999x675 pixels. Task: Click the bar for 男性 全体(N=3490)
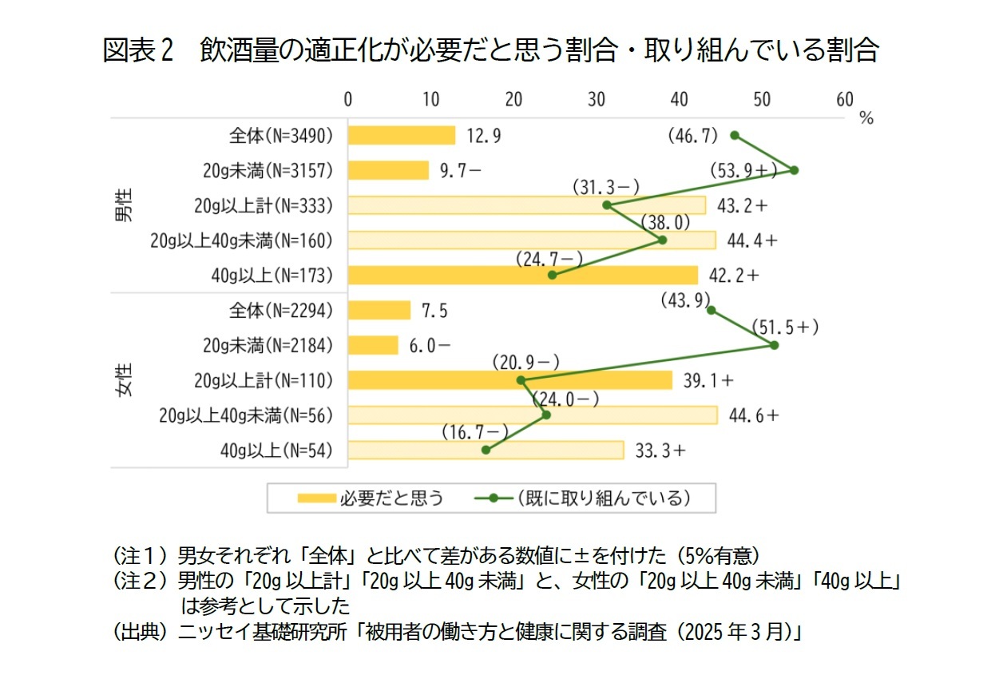pos(402,136)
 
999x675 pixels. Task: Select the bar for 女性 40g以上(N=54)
pos(486,451)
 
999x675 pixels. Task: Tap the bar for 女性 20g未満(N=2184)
pos(373,345)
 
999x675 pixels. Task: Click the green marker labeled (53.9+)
pos(794,170)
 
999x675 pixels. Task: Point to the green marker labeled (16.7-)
pos(486,451)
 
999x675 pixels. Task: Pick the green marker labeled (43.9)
pos(711,310)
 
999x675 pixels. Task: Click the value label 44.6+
pos(754,415)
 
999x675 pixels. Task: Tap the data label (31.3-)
pos(606,188)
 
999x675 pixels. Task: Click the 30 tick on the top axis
pos(596,99)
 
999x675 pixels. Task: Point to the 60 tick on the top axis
pos(844,99)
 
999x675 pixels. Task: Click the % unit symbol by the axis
pos(866,118)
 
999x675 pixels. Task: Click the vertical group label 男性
pos(125,205)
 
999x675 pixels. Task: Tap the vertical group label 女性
pos(125,380)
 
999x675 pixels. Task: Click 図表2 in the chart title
pos(138,51)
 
